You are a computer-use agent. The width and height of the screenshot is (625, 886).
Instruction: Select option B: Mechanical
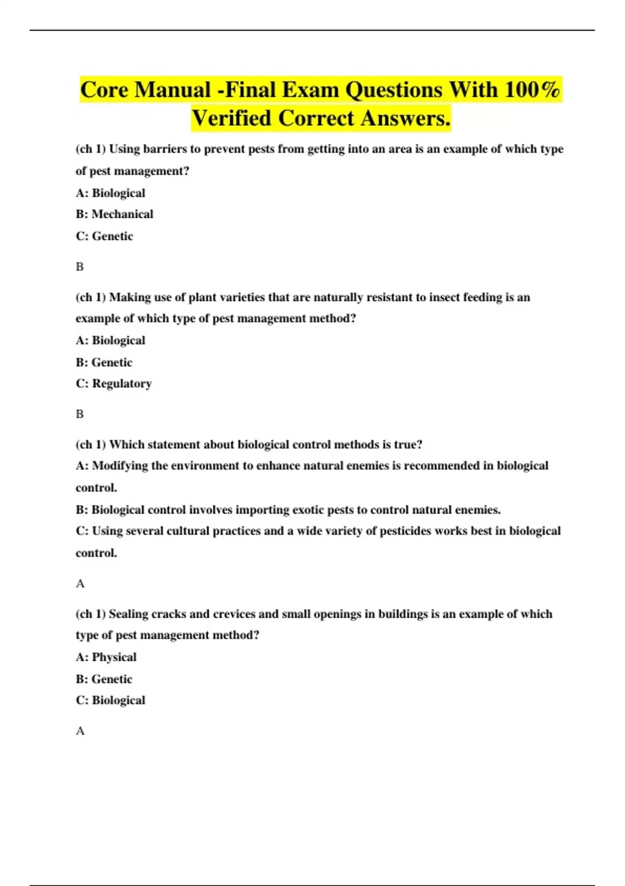click(x=115, y=214)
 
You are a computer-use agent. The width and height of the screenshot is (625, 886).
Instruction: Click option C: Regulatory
click(x=114, y=384)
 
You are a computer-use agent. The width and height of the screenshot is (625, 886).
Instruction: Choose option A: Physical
click(x=106, y=657)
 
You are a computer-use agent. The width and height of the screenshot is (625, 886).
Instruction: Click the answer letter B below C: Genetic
click(x=80, y=267)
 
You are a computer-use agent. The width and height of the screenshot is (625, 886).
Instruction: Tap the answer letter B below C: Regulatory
click(x=80, y=414)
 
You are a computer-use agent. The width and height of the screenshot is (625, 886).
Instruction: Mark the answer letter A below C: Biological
click(x=80, y=731)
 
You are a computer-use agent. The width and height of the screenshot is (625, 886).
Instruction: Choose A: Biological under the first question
click(x=110, y=193)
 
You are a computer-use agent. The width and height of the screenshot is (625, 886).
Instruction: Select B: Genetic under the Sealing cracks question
click(x=104, y=679)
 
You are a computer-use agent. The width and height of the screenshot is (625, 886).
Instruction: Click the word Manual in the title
click(x=172, y=90)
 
